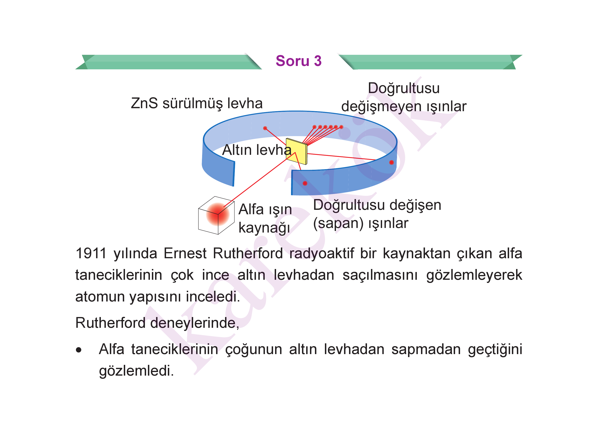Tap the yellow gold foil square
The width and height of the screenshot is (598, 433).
297,151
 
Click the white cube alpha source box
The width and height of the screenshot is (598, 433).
216,215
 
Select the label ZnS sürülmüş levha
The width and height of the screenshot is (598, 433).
197,103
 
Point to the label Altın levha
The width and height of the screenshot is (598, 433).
257,150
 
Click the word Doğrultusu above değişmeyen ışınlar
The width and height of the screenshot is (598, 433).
404,88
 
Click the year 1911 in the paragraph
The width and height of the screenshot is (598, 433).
91,253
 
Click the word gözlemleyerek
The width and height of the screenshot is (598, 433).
474,275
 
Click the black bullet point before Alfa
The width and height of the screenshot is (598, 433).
79,350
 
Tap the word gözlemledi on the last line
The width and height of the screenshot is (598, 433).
136,371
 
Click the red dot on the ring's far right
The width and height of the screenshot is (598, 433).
391,162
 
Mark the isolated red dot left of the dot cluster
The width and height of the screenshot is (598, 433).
265,128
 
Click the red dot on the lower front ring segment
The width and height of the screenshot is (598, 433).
305,183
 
